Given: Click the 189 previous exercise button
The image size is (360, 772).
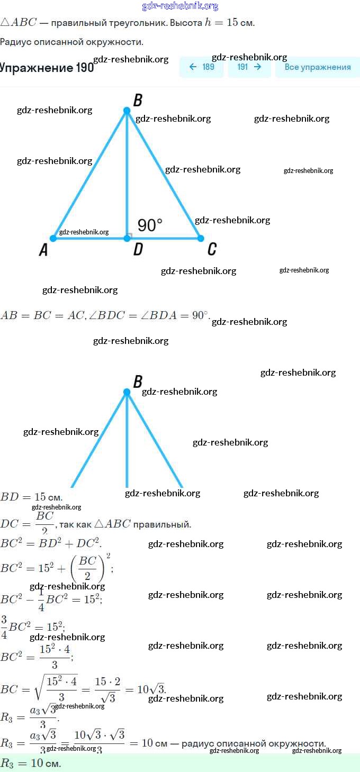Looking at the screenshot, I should pos(201,67).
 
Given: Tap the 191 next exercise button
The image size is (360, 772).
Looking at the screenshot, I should pos(249,67).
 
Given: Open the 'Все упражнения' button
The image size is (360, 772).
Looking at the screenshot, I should pos(317,67).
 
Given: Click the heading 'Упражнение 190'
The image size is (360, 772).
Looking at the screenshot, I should pos(47,68).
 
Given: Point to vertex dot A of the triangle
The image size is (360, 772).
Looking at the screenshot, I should pos(53,239).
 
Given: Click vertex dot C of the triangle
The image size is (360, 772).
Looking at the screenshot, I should pos(201,239).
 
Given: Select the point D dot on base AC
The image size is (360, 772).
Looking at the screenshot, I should pos(127,239).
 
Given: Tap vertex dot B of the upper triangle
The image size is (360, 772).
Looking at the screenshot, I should pos(127,111).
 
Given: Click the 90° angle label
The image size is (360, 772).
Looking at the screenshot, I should pos(150,225).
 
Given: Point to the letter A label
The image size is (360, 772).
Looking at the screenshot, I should pos(43,250).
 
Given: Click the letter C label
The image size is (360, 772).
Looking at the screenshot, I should pos(212,249).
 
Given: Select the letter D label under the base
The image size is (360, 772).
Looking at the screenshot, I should pos(138,250).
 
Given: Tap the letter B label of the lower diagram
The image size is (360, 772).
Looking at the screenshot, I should pos(138,382).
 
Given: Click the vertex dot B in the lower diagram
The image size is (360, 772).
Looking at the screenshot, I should pos(127,392).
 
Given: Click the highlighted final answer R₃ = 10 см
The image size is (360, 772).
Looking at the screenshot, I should pos(31,764).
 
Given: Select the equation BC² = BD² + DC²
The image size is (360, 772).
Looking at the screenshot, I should pos(50,543).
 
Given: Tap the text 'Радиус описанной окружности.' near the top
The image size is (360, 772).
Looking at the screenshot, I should pos(71,42).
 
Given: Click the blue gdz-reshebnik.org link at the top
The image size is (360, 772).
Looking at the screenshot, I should pos(180,6).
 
